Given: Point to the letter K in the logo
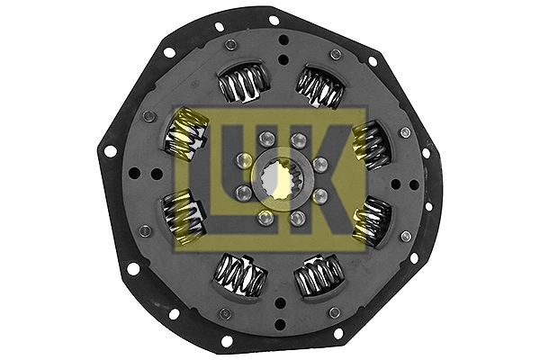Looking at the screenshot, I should point(342,180).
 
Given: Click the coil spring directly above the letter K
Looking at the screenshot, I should point(320,86).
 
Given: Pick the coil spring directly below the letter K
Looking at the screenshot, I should point(320,274).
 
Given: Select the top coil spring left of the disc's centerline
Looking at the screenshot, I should point(240,84).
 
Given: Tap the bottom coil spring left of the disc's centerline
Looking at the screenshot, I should point(240,274).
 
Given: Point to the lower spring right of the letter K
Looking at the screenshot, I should point(371,220).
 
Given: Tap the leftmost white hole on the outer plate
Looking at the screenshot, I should point(111,151).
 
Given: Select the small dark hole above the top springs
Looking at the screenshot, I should point(282,41).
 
